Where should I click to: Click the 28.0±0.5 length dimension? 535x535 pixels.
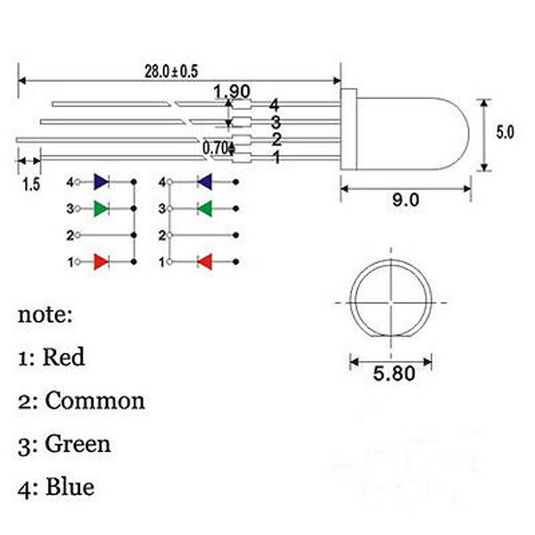point(171,71)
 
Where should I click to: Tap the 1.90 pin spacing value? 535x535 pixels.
point(232,91)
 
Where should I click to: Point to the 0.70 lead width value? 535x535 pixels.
point(215,148)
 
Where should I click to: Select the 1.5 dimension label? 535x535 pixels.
point(31,185)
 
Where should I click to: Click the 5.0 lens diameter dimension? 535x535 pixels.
point(505,132)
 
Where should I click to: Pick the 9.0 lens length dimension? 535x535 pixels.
point(406,200)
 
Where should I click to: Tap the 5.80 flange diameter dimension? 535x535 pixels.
point(394,373)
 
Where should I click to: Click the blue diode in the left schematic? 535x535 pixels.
point(102,182)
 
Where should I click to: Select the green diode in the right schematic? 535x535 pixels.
point(205,209)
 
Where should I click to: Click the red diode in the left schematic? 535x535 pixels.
point(102,261)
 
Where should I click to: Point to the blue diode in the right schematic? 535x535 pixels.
point(205,182)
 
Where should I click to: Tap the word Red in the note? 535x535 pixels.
point(64,357)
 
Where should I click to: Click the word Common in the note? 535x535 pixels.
point(95,400)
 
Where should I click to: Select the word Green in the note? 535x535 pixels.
point(78,443)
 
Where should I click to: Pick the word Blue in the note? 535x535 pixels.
point(70,487)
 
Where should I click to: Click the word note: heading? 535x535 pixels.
point(45,315)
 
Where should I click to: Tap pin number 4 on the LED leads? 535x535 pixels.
point(274,105)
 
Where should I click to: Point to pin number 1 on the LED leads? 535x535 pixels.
point(276,157)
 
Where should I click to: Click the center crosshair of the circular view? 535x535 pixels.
point(391,302)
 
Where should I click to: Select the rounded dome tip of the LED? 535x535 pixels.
point(469,134)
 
